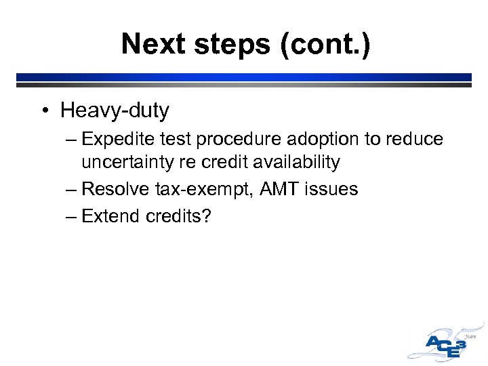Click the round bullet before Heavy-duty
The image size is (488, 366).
coord(45,110)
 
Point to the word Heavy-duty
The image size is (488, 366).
coord(115,110)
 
